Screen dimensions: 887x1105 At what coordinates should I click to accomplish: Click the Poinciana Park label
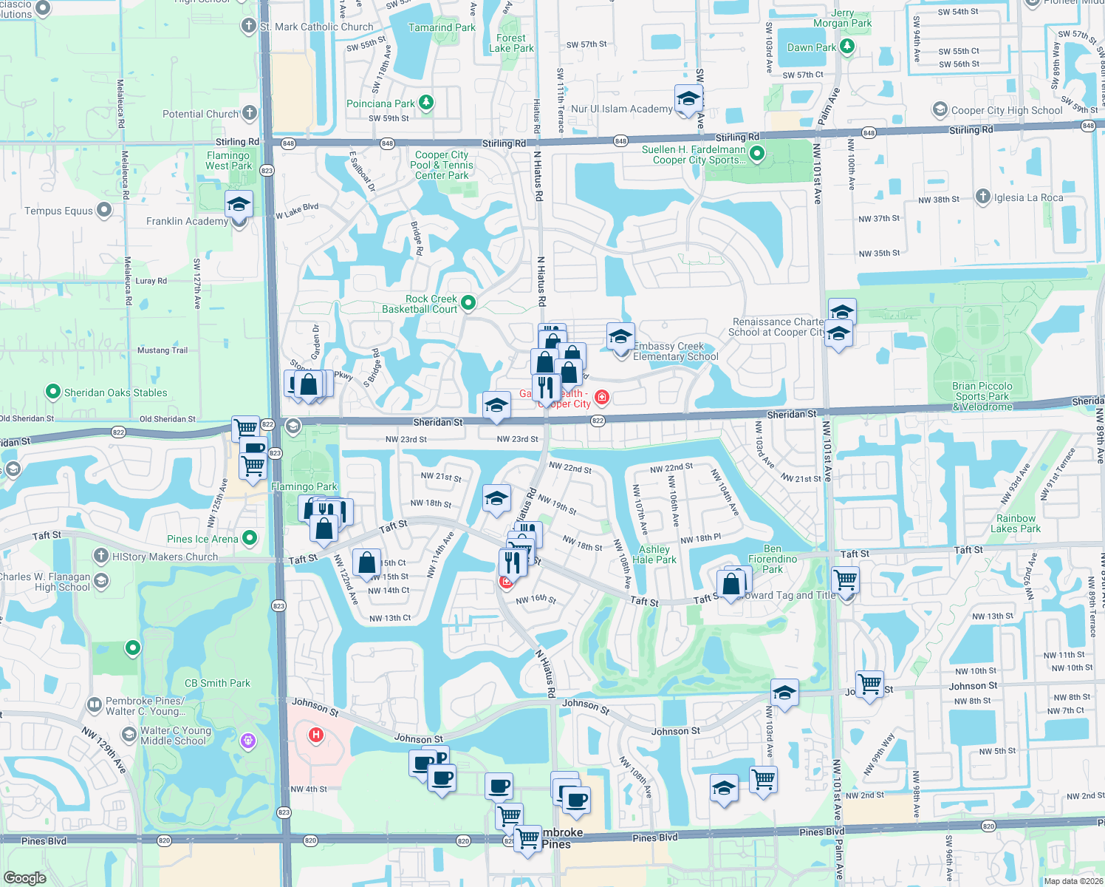pos(380,104)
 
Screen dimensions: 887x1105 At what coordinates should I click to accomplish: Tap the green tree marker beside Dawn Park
pos(847,47)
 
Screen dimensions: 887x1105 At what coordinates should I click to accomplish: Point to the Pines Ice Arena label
pos(202,540)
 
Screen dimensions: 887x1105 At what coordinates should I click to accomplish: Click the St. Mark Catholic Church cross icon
pos(248,26)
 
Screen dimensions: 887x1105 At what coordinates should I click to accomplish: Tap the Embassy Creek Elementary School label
pos(675,352)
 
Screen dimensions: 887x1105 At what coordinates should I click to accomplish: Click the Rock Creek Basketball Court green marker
pos(468,302)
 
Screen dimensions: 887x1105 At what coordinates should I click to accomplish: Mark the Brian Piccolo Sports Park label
pos(982,396)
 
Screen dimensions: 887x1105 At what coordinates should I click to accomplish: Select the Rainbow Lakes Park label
pos(1016,523)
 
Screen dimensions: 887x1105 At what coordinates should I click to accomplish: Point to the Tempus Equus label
pos(58,211)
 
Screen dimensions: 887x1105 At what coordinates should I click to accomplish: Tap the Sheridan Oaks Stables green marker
pos(52,391)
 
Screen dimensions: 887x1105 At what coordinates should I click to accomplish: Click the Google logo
pos(24,878)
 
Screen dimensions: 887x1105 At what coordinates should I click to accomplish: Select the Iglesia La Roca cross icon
pos(982,196)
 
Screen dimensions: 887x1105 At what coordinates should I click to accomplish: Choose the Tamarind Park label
pos(442,27)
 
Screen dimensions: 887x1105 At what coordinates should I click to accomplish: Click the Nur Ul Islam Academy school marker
pos(688,98)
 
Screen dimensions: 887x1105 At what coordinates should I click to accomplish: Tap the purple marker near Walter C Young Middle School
pos(248,739)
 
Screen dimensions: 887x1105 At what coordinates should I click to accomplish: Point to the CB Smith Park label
pos(217,683)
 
